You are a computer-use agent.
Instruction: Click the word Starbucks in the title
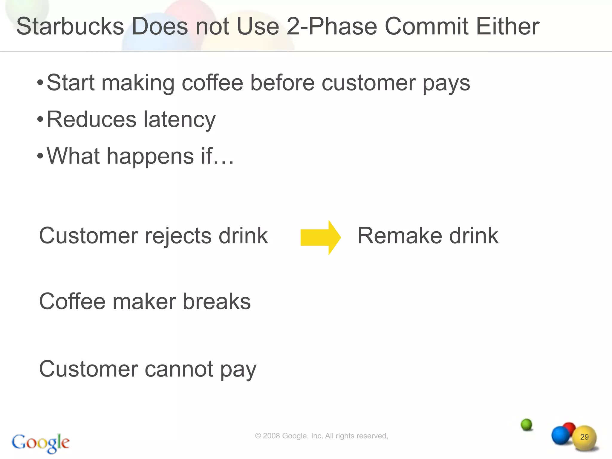pos(70,26)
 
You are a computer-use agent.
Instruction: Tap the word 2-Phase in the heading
pos(332,26)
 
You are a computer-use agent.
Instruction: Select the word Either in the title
pos(507,26)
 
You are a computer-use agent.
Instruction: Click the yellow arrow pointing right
pos(320,238)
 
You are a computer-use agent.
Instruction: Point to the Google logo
pos(41,443)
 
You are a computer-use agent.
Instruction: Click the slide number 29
pos(584,437)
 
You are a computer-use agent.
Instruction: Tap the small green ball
pos(526,424)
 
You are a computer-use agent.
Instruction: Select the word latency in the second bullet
pos(179,120)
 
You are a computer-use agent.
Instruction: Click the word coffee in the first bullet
pos(212,83)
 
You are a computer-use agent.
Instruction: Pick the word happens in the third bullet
pos(150,156)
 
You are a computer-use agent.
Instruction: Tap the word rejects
pos(178,236)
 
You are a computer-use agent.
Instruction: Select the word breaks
pos(217,302)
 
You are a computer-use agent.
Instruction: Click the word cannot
pos(179,369)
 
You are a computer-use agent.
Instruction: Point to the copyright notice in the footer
pos(321,436)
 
